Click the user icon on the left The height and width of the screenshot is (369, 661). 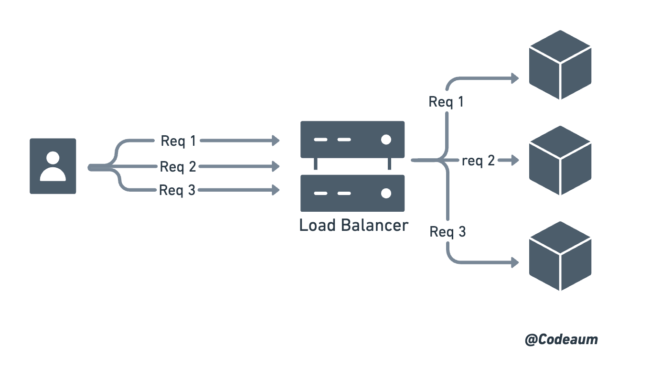[x=53, y=166]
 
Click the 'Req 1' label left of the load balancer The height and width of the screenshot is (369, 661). [x=178, y=141]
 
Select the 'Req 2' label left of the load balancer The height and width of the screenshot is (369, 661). [x=178, y=166]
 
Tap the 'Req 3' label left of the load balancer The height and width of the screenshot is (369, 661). [x=178, y=190]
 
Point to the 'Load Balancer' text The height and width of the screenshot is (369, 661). [x=353, y=225]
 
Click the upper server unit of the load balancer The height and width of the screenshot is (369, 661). [x=352, y=140]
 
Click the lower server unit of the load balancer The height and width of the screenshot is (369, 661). [x=352, y=193]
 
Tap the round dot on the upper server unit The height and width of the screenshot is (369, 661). [x=386, y=140]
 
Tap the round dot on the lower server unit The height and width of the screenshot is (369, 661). [x=386, y=194]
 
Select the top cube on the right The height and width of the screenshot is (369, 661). [x=560, y=65]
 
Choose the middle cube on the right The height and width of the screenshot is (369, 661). [x=560, y=160]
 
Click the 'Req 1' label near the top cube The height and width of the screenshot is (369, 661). [x=446, y=102]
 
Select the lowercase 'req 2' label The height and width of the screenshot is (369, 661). [x=478, y=161]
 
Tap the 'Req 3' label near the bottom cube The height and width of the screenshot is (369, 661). [x=448, y=232]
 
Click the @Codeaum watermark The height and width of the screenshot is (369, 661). [x=561, y=340]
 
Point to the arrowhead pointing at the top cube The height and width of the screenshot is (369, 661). [x=515, y=77]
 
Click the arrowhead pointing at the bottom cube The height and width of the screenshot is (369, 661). [x=515, y=262]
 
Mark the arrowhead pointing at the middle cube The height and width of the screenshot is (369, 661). [x=515, y=161]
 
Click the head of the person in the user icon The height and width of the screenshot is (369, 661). [x=53, y=157]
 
